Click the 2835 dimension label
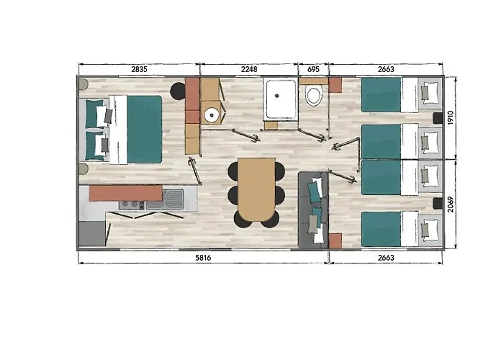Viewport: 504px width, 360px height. pos(139,69)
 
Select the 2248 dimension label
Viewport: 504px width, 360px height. pos(249,69)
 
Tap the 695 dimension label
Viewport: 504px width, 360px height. pos(313,69)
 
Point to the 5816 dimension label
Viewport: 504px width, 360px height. pos(203,258)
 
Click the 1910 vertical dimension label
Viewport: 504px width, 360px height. pos(450,117)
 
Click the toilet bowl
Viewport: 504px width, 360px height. pos(314,96)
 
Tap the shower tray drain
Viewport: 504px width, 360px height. pos(276,96)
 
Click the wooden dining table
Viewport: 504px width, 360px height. pos(256,189)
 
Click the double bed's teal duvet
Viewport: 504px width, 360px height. pos(144,129)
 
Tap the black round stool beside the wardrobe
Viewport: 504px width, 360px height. pos(178,91)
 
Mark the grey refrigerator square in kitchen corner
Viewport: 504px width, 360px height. pos(92,233)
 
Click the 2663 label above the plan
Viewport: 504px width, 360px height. pos(386,69)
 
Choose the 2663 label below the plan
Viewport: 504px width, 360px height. pos(386,258)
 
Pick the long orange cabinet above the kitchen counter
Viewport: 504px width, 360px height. pos(126,193)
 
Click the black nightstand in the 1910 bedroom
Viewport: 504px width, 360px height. pos(438,118)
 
